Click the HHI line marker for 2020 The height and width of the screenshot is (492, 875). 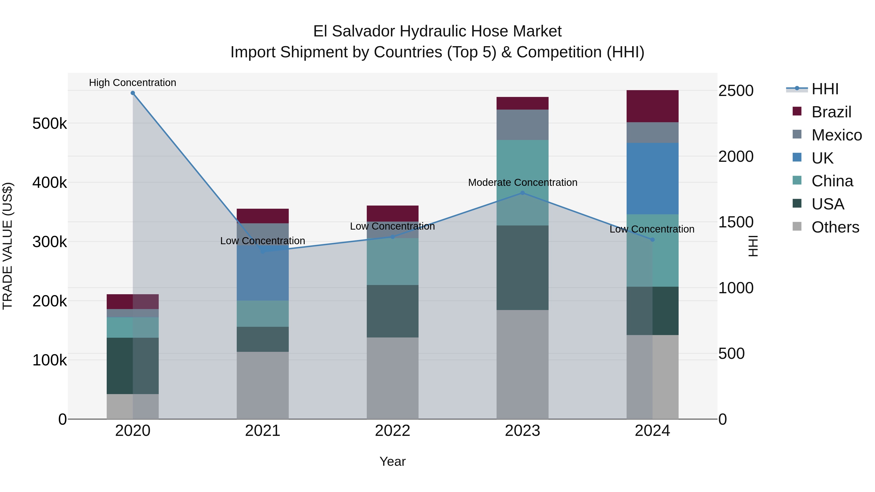133,93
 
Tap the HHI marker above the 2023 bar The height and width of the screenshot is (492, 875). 522,193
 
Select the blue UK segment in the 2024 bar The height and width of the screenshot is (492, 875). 652,178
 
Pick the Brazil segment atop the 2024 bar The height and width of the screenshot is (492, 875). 652,106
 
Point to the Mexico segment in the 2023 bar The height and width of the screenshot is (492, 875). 522,125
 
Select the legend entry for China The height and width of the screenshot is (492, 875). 832,181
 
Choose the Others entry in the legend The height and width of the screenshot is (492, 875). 835,227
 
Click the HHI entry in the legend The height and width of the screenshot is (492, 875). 825,89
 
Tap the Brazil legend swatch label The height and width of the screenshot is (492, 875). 831,112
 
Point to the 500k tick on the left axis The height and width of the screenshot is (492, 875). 50,124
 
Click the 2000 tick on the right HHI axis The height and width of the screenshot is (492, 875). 736,156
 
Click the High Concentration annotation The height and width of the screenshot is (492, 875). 132,83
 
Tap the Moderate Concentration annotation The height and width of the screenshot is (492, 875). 522,182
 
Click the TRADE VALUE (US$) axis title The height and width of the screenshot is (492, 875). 8,246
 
